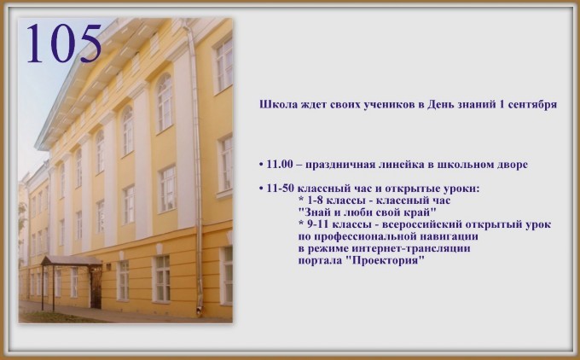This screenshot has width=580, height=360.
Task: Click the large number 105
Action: tap(64, 44)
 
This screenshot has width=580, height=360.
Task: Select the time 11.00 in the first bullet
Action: tap(280, 165)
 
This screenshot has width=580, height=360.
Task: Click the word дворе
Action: tap(512, 165)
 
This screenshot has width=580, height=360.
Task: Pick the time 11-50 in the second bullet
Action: tap(281, 189)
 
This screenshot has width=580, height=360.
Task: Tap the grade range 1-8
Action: tap(315, 200)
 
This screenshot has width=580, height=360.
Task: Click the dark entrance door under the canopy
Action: tap(96, 288)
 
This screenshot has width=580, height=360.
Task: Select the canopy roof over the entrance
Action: tap(71, 260)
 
